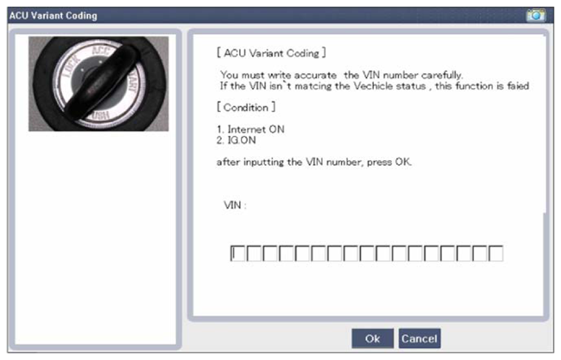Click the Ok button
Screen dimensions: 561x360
373,338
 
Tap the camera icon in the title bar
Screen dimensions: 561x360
536,15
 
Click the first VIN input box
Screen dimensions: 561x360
238,254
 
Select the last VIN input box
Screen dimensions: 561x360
496,254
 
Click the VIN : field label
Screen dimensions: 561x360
235,205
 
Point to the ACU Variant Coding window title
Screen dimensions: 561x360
53,16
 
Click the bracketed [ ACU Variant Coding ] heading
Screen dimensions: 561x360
271,53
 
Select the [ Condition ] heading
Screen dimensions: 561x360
246,107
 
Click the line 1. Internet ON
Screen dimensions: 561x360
251,129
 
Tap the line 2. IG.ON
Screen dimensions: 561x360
236,140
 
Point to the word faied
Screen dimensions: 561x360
517,86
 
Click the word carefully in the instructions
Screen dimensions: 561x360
442,75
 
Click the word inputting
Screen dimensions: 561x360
264,162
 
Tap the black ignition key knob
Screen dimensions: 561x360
101,83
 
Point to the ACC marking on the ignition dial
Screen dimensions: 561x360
101,50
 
